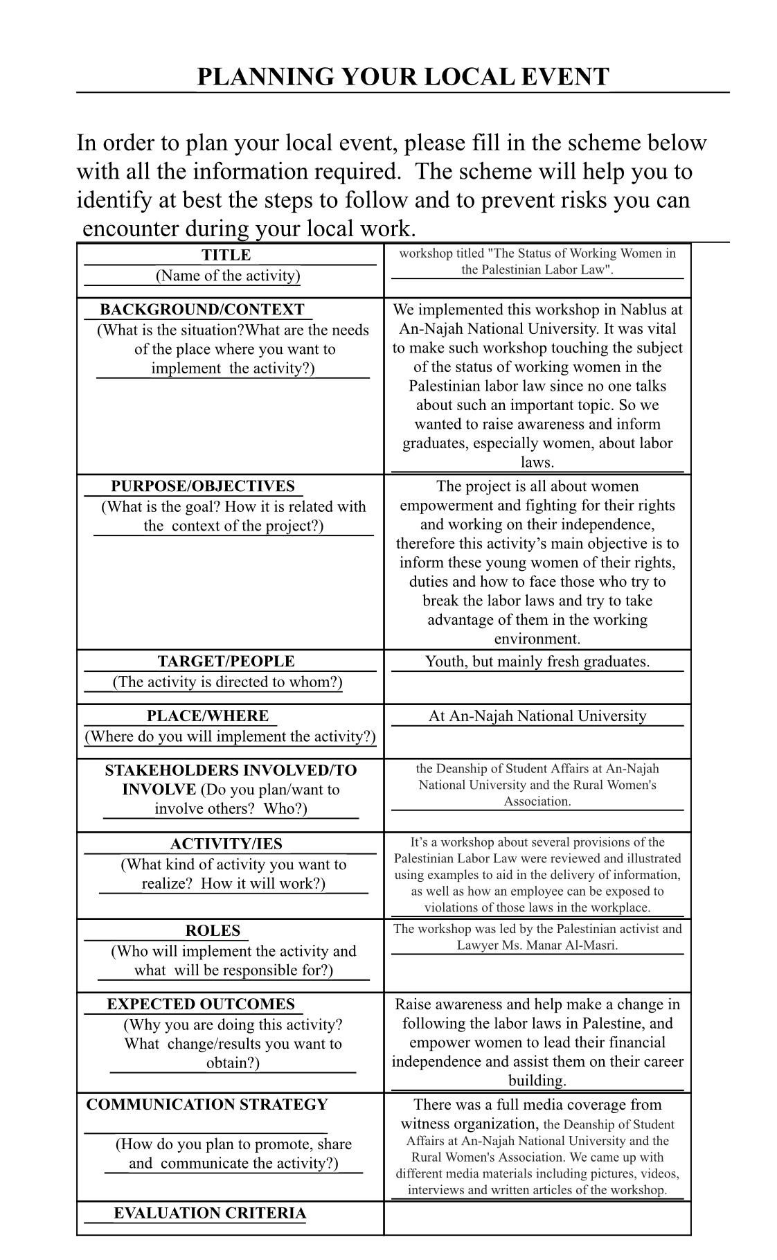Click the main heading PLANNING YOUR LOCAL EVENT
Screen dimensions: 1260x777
pos(402,77)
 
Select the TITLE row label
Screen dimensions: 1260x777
pos(226,256)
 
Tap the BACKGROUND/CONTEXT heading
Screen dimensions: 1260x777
pos(202,310)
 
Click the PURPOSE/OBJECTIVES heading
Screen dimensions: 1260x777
pos(203,486)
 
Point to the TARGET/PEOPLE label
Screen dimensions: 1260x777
pos(226,662)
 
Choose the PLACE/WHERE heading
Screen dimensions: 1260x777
pos(208,716)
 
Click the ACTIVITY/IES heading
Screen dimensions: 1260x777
pos(226,844)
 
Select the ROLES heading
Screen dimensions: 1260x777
pos(213,931)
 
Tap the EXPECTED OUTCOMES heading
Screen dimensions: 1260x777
pos(201,1004)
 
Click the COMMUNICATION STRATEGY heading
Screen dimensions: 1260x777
pos(207,1105)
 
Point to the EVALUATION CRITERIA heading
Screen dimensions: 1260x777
pos(210,1213)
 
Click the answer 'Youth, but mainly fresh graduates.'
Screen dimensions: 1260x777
pos(537,662)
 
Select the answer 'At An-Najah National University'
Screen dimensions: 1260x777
pos(537,716)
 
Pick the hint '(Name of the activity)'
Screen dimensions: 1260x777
pos(228,276)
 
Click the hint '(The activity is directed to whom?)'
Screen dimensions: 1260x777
pos(227,682)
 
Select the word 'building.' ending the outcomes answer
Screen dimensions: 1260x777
pos(537,1081)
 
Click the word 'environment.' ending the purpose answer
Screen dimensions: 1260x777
pos(537,639)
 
